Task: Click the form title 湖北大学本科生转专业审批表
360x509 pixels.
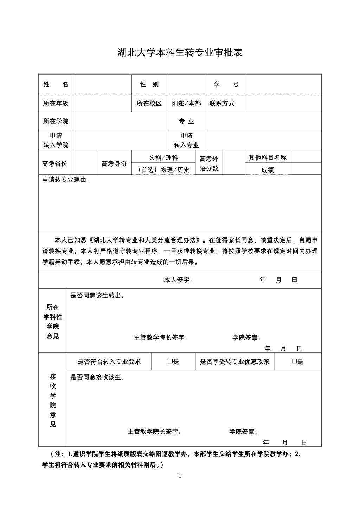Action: tap(180, 53)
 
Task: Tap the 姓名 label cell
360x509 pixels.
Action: tap(56, 84)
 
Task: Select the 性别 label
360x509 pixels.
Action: tap(149, 84)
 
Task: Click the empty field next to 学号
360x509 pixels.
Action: tap(283, 84)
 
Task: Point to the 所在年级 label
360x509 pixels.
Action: tap(56, 103)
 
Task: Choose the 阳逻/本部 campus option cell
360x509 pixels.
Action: tap(186, 103)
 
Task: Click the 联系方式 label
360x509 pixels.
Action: tap(222, 103)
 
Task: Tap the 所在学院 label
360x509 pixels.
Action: tap(56, 121)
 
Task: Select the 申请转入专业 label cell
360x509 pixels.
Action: tap(186, 140)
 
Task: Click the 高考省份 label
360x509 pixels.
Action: tap(55, 163)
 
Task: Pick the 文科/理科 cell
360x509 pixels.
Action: tap(163, 157)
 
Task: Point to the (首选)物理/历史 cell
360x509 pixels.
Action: tap(163, 170)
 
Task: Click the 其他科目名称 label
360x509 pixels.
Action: tap(268, 157)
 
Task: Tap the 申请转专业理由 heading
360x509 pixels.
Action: tap(66, 180)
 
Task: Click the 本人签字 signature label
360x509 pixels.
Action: tap(178, 280)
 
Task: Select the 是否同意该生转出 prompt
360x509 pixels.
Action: tap(97, 296)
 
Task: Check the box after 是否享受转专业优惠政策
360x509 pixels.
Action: tap(294, 361)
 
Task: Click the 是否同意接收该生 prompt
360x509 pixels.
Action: tap(97, 378)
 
